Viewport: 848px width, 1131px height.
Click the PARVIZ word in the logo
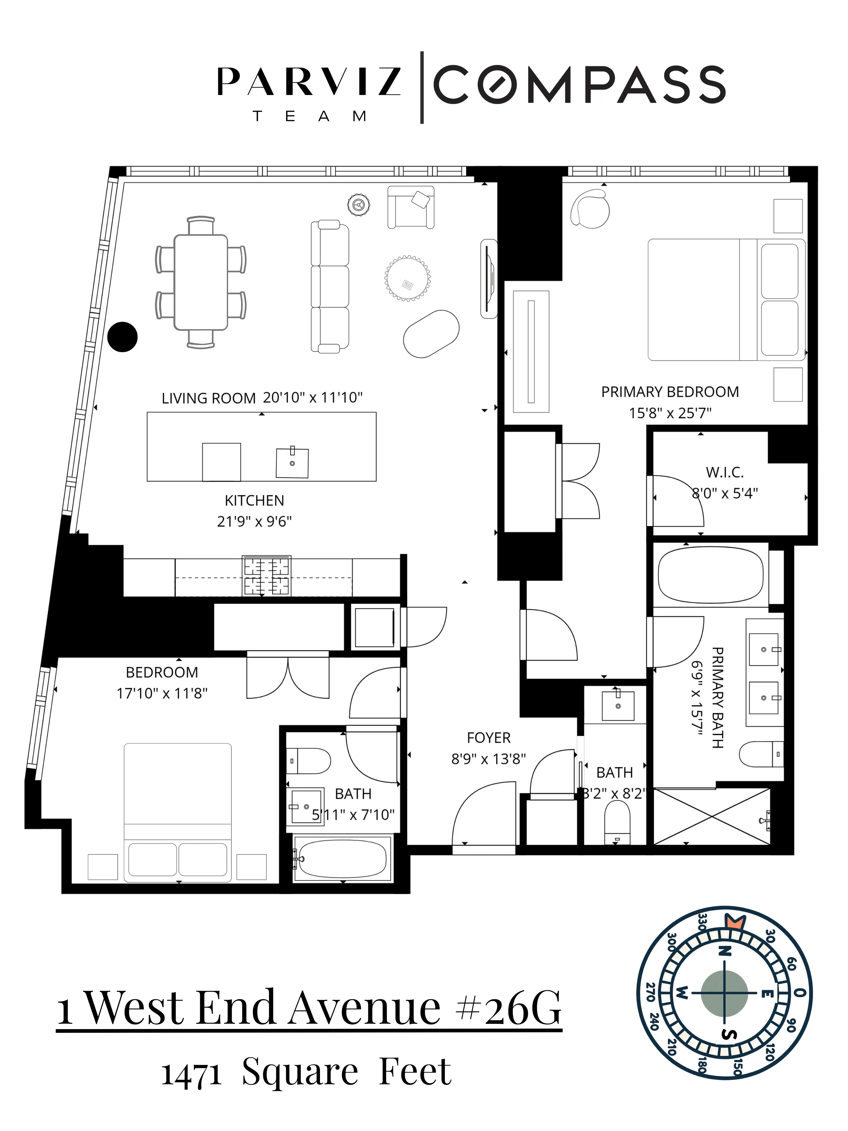(x=309, y=82)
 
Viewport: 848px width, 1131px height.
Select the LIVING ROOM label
(x=209, y=398)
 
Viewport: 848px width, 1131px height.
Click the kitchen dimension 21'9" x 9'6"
(x=254, y=521)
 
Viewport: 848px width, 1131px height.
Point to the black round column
(x=123, y=336)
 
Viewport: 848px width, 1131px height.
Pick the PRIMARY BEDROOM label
(x=670, y=392)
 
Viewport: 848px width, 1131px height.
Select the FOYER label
(x=489, y=738)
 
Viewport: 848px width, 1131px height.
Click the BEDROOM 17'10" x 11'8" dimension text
(x=162, y=693)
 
